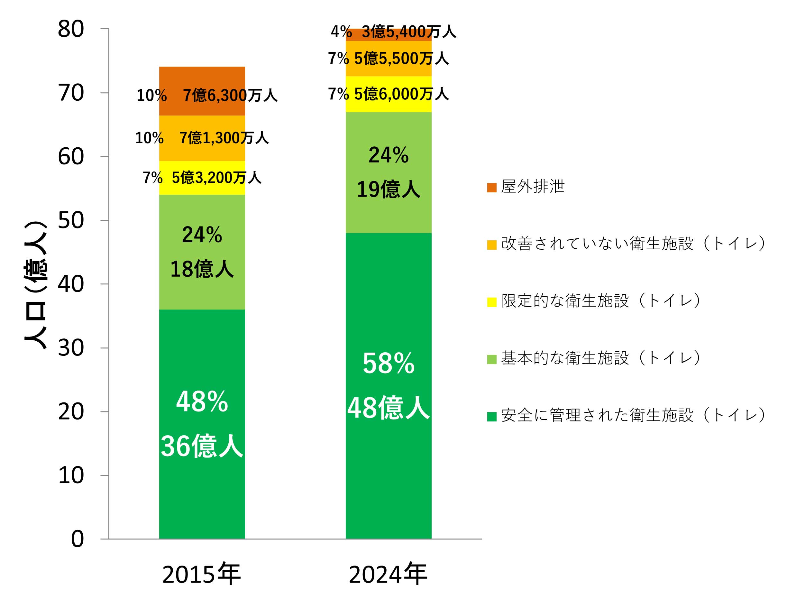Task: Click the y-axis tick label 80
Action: [x=70, y=29]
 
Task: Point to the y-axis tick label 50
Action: [x=70, y=220]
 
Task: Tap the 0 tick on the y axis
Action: [x=78, y=539]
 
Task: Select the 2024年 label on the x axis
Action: [x=388, y=575]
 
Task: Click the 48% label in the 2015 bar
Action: [x=202, y=402]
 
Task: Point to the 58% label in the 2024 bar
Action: [x=388, y=364]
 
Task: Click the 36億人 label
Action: [x=202, y=446]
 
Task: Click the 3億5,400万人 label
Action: [x=409, y=32]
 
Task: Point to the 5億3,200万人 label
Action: [x=216, y=178]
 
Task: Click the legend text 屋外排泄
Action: [x=533, y=187]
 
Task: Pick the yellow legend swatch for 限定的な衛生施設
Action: [x=491, y=302]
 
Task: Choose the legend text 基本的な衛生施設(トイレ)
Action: [x=600, y=358]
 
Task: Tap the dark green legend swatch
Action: [x=491, y=416]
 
